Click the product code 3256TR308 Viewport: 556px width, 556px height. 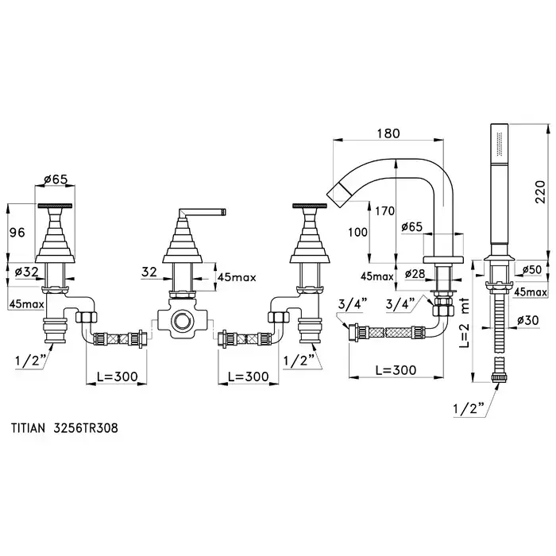[x=88, y=426]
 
